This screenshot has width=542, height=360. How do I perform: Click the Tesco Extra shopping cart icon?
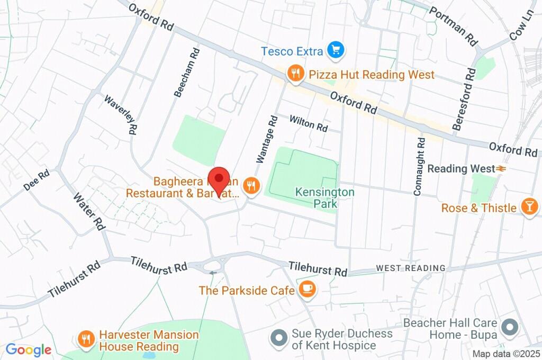(335, 51)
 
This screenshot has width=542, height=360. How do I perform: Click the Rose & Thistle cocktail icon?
(528, 207)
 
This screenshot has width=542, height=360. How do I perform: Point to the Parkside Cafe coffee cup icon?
(307, 289)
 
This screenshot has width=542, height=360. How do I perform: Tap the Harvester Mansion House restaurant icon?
(85, 338)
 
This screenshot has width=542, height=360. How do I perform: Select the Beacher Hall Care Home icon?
(510, 327)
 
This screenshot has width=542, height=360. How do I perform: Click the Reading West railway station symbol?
(500, 169)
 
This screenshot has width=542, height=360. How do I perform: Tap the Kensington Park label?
(325, 197)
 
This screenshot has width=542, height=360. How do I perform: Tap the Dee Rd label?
(37, 180)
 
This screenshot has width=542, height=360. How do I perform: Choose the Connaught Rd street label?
(419, 166)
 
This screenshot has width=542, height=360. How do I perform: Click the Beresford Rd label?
(464, 98)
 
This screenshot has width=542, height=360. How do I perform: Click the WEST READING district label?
(411, 268)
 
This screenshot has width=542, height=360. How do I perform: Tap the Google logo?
(28, 350)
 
